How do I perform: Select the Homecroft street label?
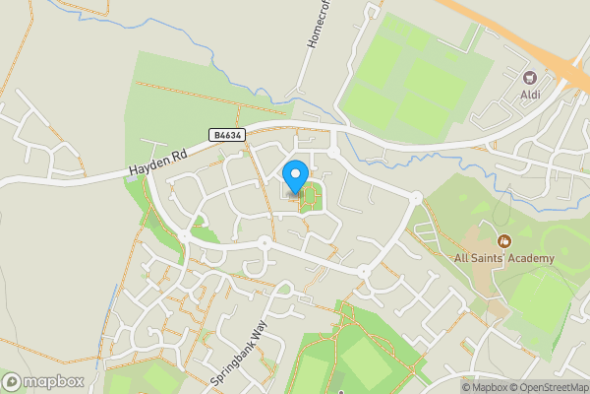(319, 47)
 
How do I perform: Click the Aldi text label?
(531, 95)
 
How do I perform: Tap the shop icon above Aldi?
(531, 78)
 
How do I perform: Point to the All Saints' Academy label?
(503, 259)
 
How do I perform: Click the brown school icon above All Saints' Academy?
(504, 241)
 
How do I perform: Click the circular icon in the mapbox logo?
(12, 382)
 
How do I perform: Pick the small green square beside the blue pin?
(309, 197)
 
